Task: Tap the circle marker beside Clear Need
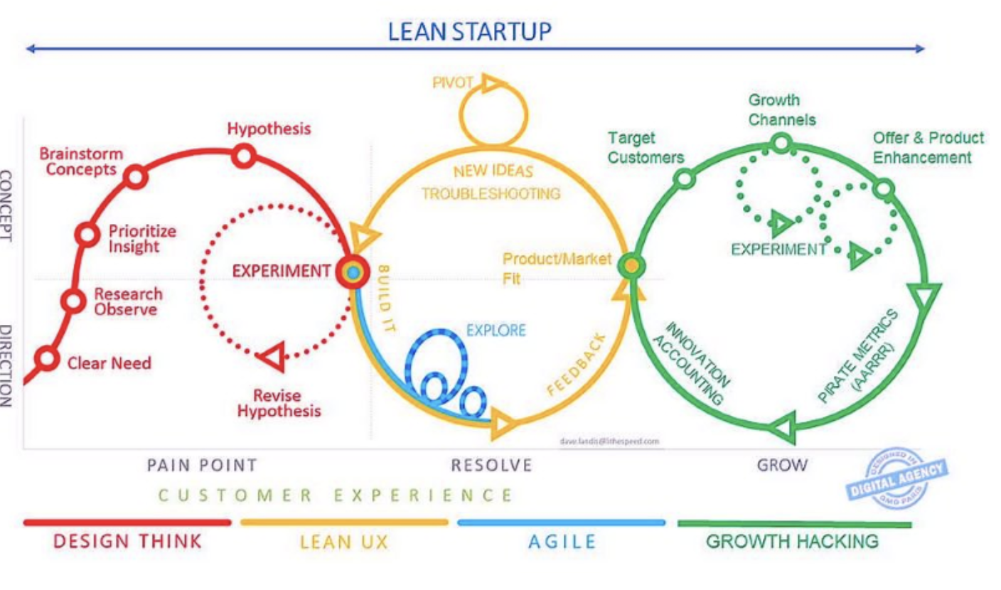coord(47,359)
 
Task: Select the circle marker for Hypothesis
coord(244,156)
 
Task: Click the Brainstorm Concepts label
coord(81,161)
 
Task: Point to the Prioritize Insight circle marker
coord(87,234)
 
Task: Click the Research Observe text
coord(128,301)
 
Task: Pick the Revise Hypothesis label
coord(279,403)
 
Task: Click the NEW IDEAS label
coord(493,171)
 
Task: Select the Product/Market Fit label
coord(557,268)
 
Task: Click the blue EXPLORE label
coord(496,330)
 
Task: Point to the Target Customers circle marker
coord(683,178)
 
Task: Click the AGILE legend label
coord(562,542)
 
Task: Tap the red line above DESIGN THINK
coord(127,522)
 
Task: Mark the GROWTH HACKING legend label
coord(792,541)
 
